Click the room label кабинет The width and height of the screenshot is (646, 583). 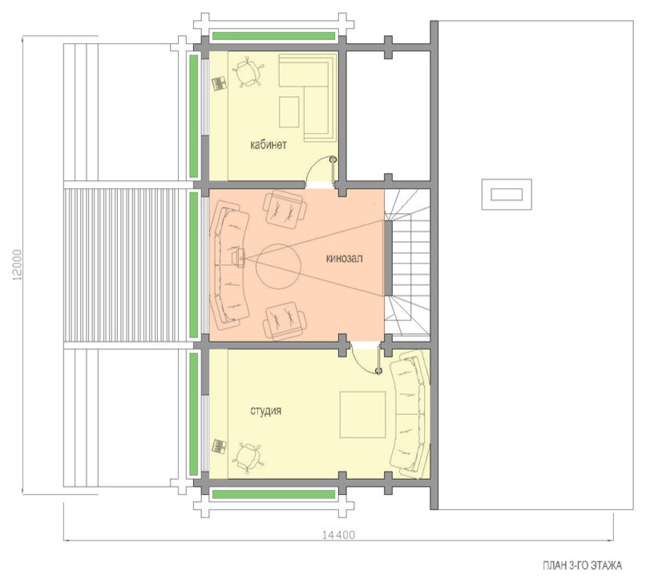coord(268,145)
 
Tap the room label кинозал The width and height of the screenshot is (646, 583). coord(345,259)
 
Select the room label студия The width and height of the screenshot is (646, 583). coord(266,411)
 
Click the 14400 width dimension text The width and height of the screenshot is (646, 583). coord(338,535)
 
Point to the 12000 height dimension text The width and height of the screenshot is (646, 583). coord(18,265)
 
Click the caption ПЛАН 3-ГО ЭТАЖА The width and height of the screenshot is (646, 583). coord(582,565)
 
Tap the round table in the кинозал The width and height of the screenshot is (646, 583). coord(278,267)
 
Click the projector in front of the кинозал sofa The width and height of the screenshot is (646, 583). coord(238,259)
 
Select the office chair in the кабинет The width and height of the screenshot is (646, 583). coord(248,71)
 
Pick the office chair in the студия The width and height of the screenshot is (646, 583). coord(247,458)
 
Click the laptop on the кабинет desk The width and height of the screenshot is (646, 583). coord(219,83)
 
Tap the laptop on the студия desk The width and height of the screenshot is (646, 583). coord(219,447)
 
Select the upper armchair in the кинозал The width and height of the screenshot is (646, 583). coord(285,208)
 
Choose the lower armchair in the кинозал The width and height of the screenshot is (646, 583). coord(285,321)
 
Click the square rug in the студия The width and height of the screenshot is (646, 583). coord(362,415)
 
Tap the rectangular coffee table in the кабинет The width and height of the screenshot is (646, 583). coord(289,112)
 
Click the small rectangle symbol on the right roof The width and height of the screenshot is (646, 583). coord(507,195)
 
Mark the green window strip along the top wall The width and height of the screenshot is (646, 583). coord(273,36)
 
